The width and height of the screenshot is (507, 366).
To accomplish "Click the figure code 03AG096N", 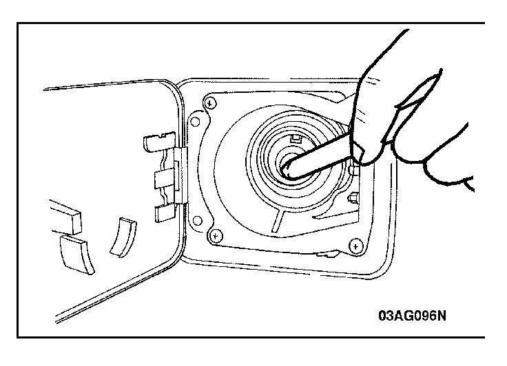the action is tap(412, 316).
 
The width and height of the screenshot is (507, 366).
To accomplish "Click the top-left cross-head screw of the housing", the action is tap(210, 103).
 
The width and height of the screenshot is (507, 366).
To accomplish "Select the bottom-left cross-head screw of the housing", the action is tap(216, 236).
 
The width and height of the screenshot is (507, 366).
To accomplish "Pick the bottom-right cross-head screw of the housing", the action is tap(356, 246).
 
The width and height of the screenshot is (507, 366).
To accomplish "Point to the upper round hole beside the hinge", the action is tap(196, 122).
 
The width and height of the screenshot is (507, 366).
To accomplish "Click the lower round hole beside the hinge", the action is tap(197, 221).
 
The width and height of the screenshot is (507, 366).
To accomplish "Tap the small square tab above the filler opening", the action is tap(296, 139).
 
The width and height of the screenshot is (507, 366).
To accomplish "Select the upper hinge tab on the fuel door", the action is tap(159, 142).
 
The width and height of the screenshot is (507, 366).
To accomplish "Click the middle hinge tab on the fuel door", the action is tap(165, 179).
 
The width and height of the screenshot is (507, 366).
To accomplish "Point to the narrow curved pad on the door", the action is tap(124, 237).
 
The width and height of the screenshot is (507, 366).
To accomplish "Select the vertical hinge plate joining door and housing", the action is tap(180, 175).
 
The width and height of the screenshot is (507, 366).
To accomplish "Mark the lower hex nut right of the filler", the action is tap(353, 197).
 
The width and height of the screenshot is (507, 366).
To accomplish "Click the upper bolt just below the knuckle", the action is tap(355, 169).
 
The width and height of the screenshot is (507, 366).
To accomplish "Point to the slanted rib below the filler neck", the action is tap(278, 221).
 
